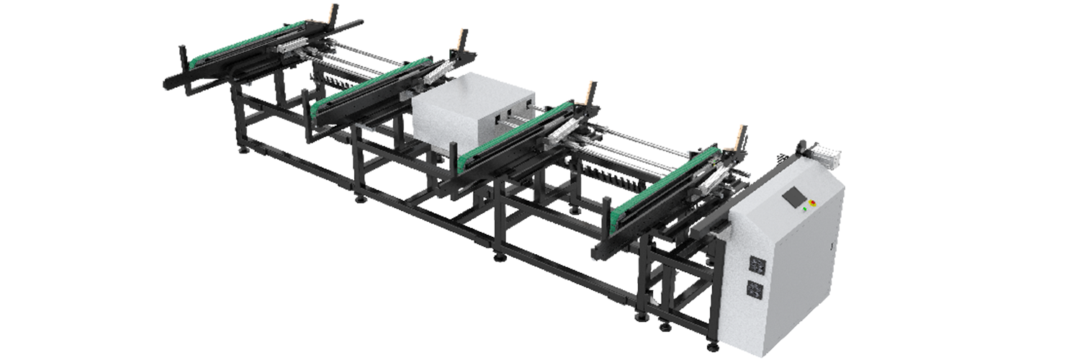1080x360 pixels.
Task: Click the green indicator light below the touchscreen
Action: (804, 211)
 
